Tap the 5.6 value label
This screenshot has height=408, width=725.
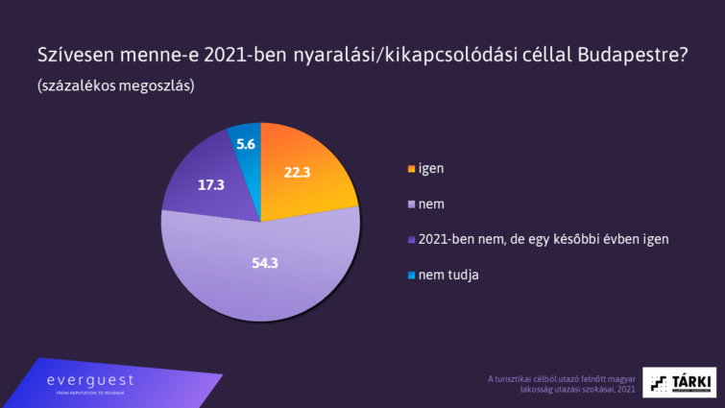coord(245,144)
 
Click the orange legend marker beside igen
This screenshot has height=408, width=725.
coord(412,168)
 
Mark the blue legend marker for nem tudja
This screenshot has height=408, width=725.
coord(412,276)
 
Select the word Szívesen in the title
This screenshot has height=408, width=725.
coord(78,54)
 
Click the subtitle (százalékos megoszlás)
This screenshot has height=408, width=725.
coord(116,85)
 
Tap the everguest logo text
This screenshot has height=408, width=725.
coord(90,380)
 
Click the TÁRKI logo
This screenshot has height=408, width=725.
coord(679,381)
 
